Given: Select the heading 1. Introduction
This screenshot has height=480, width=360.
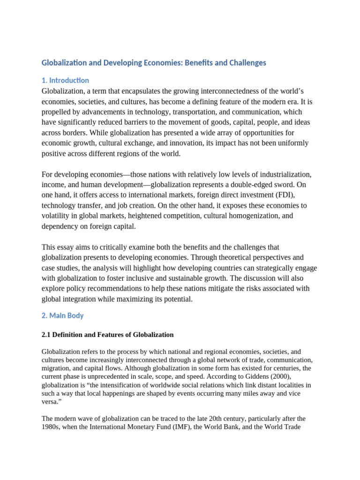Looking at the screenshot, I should click(65, 80).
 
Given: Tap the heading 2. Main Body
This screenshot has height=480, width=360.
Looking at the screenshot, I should click(63, 315).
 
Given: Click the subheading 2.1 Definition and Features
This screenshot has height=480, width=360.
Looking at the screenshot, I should click(107, 335).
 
